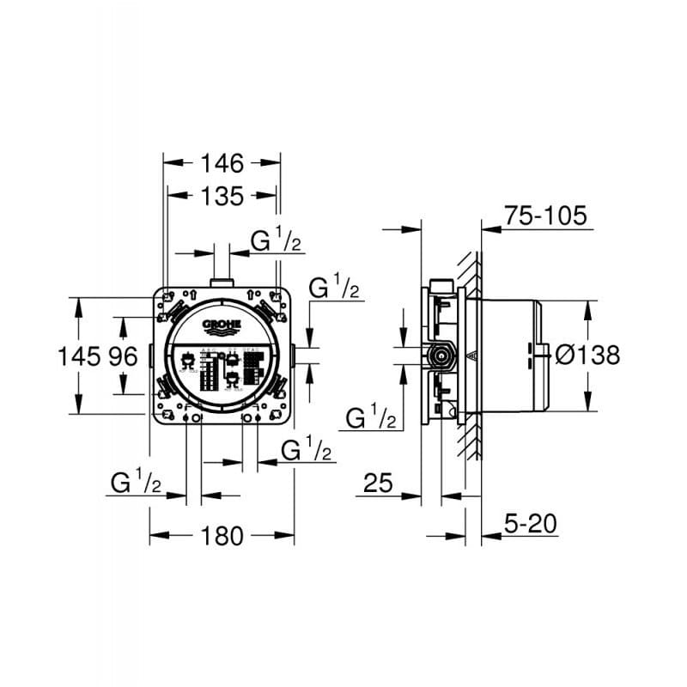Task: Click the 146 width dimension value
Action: [x=222, y=161]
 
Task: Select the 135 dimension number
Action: [x=222, y=196]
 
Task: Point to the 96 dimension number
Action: [x=123, y=356]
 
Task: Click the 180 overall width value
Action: [x=222, y=536]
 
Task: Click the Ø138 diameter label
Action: [x=587, y=355]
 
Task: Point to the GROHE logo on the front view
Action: [x=222, y=325]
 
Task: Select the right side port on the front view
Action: [x=294, y=356]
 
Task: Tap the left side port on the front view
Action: [x=150, y=356]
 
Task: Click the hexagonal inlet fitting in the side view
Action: [x=442, y=354]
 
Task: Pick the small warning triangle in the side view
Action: [x=470, y=354]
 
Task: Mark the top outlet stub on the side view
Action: [x=441, y=283]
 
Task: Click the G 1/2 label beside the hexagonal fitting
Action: [x=371, y=418]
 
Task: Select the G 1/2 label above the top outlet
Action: [x=277, y=241]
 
